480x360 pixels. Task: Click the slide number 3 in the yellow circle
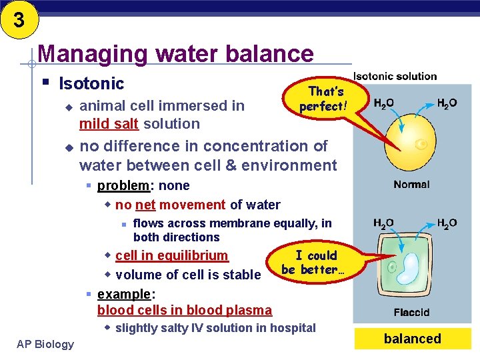pyautogui.click(x=18, y=20)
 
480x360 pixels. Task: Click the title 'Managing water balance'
pyautogui.click(x=175, y=53)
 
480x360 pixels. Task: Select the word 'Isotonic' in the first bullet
pyautogui.click(x=91, y=83)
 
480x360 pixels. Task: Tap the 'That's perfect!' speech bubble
pyautogui.click(x=324, y=99)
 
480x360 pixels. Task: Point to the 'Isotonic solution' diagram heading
pyautogui.click(x=395, y=77)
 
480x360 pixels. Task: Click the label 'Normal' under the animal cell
pyautogui.click(x=411, y=185)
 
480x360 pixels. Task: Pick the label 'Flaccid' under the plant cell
pyautogui.click(x=411, y=312)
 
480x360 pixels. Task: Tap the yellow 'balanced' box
pyautogui.click(x=412, y=339)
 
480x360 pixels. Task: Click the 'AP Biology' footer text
pyautogui.click(x=45, y=343)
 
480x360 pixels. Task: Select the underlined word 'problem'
pyautogui.click(x=118, y=186)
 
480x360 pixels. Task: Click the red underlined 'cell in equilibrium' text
pyautogui.click(x=171, y=256)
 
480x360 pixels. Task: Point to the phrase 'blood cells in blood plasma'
pyautogui.click(x=184, y=310)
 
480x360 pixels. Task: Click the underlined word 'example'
pyautogui.click(x=121, y=294)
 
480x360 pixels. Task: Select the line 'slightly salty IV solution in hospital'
pyautogui.click(x=215, y=328)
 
